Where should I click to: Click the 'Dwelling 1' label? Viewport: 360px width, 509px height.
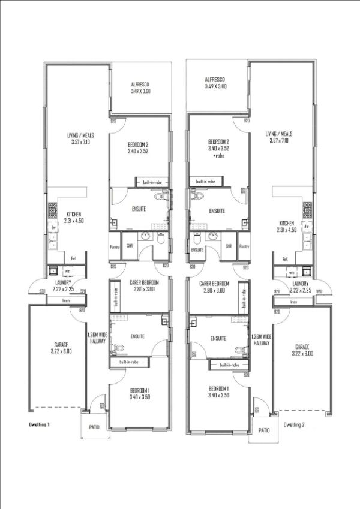[40, 424]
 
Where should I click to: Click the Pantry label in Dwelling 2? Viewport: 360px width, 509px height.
[244, 246]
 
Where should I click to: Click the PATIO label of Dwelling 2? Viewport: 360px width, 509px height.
[264, 430]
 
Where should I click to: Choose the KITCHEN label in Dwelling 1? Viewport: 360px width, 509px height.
[74, 215]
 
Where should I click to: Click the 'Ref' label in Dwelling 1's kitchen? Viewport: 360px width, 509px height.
[73, 258]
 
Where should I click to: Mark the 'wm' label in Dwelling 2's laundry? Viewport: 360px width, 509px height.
[291, 272]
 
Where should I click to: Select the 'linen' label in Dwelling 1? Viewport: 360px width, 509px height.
[67, 300]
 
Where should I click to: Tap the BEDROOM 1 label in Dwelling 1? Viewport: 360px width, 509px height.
[139, 391]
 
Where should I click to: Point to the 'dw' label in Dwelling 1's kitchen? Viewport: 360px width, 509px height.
[53, 228]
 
